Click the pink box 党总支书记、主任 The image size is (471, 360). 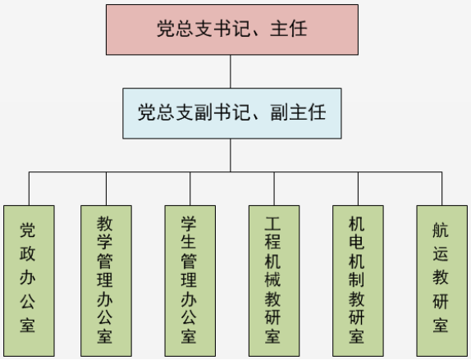point(232,30)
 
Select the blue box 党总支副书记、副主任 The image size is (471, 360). point(232,113)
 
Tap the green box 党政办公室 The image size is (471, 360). point(29,280)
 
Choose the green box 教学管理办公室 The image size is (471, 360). point(106,280)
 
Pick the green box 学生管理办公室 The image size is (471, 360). point(190,280)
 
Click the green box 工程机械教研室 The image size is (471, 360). point(274,280)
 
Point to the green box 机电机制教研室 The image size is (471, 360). point(358,280)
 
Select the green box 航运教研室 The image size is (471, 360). point(441,280)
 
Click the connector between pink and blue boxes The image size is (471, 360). point(231,71)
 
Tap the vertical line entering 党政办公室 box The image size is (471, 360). point(29,189)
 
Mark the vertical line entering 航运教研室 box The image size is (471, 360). point(441,189)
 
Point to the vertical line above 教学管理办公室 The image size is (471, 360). point(106,189)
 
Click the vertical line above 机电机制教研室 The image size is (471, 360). point(358,189)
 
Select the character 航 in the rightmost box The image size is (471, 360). point(441,230)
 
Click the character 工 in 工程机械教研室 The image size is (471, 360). point(272,223)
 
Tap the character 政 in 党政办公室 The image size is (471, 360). point(27,253)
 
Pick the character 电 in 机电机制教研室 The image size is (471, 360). point(357,241)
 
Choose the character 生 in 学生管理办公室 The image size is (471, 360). point(189,241)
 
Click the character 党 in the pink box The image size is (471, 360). point(166,29)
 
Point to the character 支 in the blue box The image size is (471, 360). point(185,112)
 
